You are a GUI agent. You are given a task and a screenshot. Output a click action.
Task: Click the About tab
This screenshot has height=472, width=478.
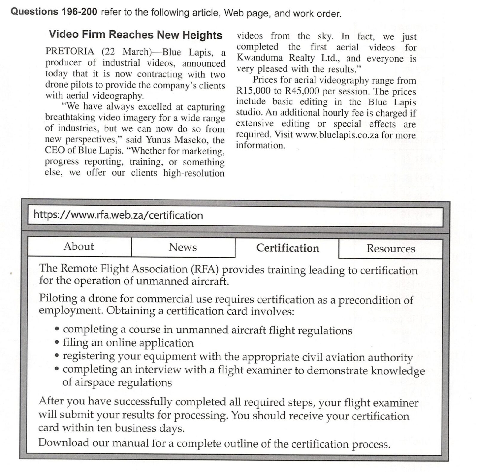coord(79,246)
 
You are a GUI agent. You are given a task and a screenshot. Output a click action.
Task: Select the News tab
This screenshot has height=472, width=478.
coord(183,247)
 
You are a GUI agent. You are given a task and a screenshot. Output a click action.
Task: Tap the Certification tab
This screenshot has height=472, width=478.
coord(287,248)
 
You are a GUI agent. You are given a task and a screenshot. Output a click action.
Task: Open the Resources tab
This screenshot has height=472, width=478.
coord(391,249)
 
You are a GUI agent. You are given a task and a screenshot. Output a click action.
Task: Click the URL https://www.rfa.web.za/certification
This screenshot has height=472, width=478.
coord(118,215)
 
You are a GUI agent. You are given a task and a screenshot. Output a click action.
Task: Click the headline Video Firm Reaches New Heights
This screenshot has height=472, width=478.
coord(135,35)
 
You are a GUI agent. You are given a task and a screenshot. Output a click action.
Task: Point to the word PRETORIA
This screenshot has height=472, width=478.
coord(70,51)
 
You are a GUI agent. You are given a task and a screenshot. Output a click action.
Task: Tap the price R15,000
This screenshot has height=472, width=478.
coord(253,91)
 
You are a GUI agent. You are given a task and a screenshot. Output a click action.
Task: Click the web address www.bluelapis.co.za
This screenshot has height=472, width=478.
coord(337,135)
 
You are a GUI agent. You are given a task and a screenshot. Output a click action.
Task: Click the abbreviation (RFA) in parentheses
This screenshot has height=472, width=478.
coord(205,269)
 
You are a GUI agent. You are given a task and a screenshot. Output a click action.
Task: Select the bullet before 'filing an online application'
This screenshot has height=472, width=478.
coord(57,343)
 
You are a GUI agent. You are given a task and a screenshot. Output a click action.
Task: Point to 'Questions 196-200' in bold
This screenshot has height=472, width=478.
coord(54,12)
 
